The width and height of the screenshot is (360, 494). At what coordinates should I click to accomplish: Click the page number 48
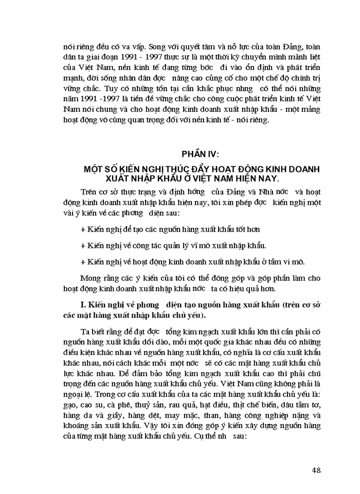(x=316, y=470)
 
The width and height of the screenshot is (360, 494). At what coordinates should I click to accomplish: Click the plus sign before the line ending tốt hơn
(x=83, y=229)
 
